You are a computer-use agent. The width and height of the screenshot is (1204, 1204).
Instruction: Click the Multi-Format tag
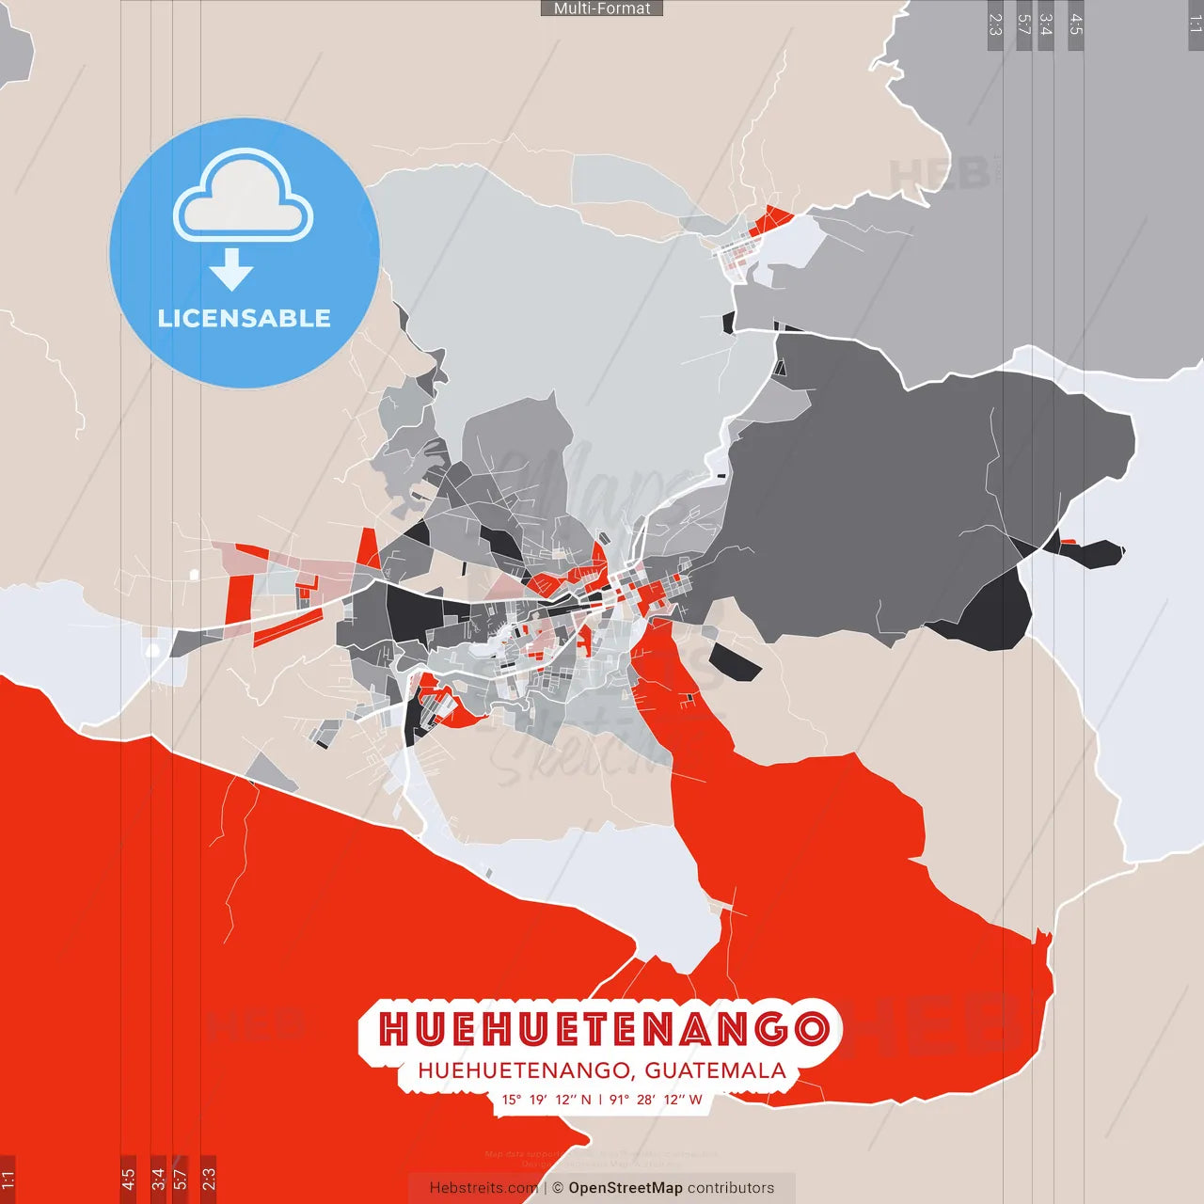602,8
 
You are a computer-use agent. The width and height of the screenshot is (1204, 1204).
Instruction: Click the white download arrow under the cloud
231,269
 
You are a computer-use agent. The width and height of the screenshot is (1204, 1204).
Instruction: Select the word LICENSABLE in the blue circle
245,318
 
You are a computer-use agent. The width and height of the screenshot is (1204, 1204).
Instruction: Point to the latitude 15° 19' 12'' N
547,1100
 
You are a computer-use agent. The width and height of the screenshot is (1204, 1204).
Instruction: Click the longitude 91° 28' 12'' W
656,1100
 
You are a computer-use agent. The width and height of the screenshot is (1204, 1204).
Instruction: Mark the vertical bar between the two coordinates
601,1100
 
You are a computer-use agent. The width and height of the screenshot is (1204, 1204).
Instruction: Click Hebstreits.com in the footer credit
483,1188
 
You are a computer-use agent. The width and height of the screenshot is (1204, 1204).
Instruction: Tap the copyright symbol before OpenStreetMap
558,1188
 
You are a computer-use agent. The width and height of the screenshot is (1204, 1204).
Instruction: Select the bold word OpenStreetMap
626,1188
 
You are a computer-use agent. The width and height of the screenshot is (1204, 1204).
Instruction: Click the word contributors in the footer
731,1188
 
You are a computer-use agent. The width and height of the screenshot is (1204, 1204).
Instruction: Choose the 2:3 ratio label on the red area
209,1177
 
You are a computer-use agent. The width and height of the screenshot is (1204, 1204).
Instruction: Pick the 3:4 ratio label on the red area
158,1177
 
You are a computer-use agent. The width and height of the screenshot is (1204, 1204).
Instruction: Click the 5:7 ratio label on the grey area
1024,24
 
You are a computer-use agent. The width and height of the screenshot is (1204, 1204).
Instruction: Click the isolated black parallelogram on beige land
735,662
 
